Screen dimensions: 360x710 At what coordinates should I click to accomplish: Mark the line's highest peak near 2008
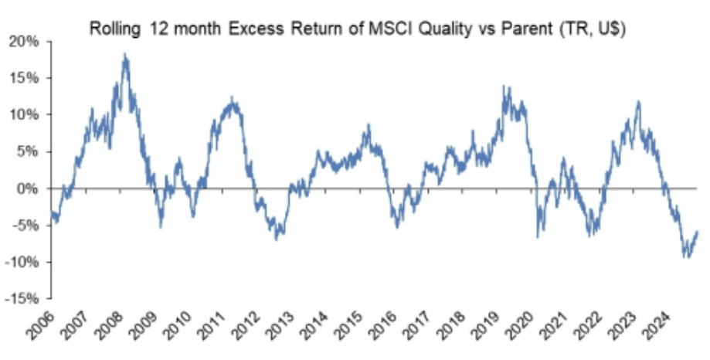(125, 55)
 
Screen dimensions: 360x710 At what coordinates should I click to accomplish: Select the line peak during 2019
(504, 87)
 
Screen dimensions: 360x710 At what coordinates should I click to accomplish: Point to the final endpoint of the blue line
(698, 231)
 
